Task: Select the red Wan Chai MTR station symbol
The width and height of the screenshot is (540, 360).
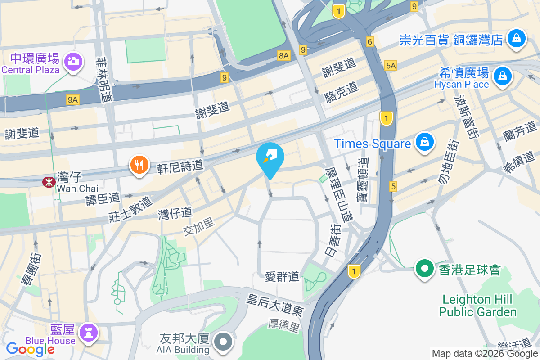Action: pyautogui.click(x=47, y=182)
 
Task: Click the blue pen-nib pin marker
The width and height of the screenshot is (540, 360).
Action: pyautogui.click(x=270, y=159)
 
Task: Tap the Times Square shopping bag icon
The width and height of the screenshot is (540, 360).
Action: pyautogui.click(x=424, y=143)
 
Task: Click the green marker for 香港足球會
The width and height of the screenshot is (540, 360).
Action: pyautogui.click(x=424, y=269)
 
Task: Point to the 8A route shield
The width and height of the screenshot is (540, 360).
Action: pyautogui.click(x=284, y=55)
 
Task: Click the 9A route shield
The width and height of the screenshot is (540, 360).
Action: pyautogui.click(x=72, y=100)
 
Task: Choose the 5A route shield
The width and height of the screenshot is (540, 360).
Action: pyautogui.click(x=391, y=66)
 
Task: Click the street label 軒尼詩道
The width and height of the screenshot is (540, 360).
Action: pyautogui.click(x=180, y=167)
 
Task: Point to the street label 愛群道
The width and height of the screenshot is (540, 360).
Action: pyautogui.click(x=282, y=277)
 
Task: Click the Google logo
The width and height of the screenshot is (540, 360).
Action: pyautogui.click(x=30, y=349)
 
